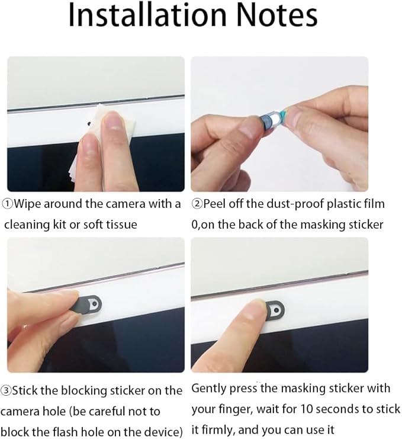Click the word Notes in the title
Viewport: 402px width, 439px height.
tap(276, 15)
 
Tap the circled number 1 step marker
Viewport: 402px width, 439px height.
tap(7, 204)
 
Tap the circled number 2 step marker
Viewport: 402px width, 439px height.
tap(197, 204)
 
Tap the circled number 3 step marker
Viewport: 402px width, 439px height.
tap(5, 390)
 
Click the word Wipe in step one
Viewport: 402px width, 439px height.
tap(27, 204)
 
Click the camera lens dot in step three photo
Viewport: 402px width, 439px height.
tap(95, 303)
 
